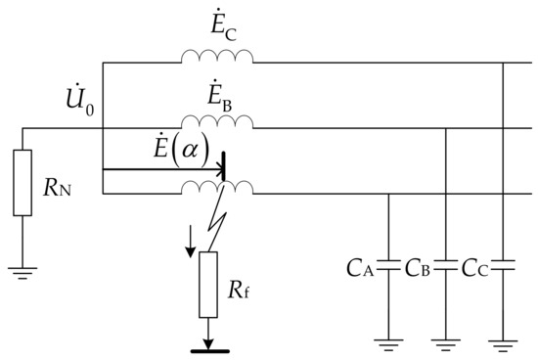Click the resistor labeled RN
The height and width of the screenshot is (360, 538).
pyautogui.click(x=23, y=182)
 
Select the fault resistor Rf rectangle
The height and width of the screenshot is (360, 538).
pyautogui.click(x=207, y=285)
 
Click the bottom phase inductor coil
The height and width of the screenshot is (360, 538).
pyautogui.click(x=216, y=188)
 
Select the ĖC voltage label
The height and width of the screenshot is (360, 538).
pyautogui.click(x=216, y=22)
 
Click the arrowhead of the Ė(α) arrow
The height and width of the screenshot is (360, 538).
pyautogui.click(x=219, y=169)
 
